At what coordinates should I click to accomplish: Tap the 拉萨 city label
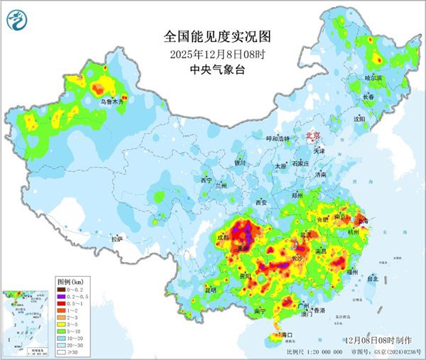116,239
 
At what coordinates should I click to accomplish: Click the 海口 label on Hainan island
287,334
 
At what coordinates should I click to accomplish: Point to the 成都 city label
224,237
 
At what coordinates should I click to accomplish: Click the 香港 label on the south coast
319,310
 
